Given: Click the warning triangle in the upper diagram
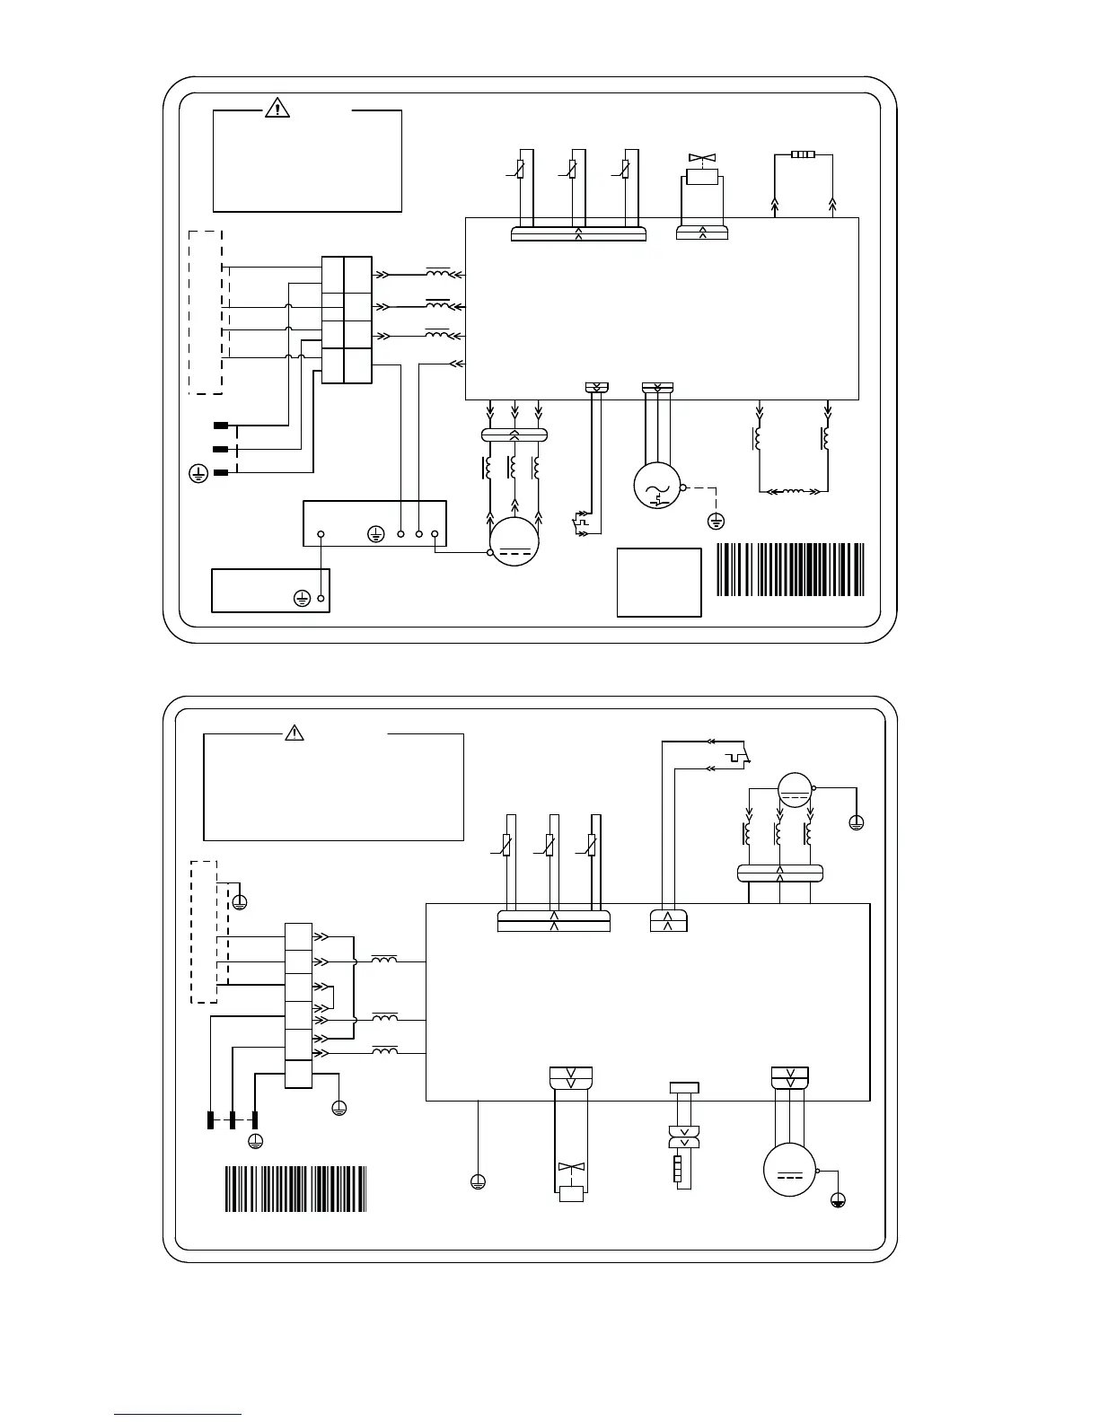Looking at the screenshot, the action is [x=278, y=109].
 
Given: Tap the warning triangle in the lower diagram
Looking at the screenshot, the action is [x=294, y=733].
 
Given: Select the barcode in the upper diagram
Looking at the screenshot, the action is [x=790, y=570].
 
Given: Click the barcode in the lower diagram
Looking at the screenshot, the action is [x=295, y=1189].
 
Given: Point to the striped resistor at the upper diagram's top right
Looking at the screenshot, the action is [x=803, y=155].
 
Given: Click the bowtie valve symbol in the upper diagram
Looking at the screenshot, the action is [x=700, y=158].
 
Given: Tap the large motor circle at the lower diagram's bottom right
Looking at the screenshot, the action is [x=789, y=1172].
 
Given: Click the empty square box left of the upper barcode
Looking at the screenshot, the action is [x=659, y=582].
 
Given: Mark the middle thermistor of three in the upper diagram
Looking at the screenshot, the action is [x=573, y=169].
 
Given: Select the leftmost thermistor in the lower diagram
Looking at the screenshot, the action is [x=508, y=845].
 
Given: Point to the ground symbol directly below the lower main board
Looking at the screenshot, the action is [x=478, y=1181].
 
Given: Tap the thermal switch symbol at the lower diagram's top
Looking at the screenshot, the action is [x=738, y=759].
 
